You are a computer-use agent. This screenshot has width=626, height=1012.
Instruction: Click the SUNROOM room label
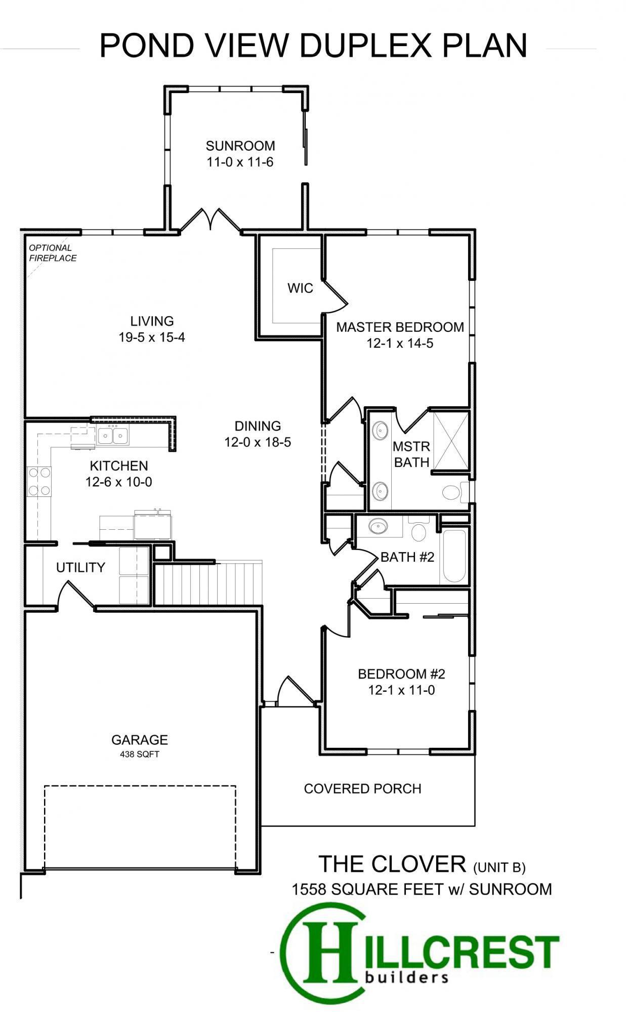click(x=240, y=146)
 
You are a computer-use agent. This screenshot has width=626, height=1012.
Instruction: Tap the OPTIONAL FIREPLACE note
click(x=53, y=253)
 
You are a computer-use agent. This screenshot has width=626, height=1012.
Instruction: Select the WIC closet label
click(x=300, y=288)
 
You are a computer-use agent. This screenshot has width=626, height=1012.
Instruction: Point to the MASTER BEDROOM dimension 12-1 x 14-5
click(x=400, y=344)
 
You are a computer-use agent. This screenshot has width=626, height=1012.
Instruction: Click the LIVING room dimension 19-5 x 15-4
click(x=152, y=337)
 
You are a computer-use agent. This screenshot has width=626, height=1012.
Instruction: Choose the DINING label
click(x=258, y=426)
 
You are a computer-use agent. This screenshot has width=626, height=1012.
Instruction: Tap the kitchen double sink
click(x=113, y=435)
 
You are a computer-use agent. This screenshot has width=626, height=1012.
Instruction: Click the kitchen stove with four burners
click(x=39, y=481)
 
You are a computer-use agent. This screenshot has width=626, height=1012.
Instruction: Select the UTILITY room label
click(x=80, y=568)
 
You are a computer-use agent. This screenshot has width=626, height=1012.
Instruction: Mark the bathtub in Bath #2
click(x=454, y=557)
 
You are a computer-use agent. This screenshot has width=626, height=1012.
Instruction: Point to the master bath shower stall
click(x=451, y=441)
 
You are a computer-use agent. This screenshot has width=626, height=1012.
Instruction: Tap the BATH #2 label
click(x=407, y=557)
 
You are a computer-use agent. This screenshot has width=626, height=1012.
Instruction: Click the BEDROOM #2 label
click(x=401, y=674)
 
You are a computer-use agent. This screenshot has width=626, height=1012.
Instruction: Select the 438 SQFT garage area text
click(x=140, y=754)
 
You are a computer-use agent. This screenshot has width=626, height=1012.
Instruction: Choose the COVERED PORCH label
click(x=362, y=789)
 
